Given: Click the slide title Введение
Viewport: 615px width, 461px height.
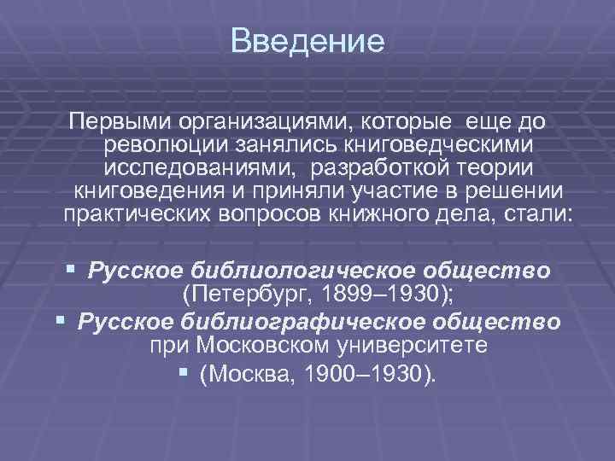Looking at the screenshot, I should click(x=307, y=41).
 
